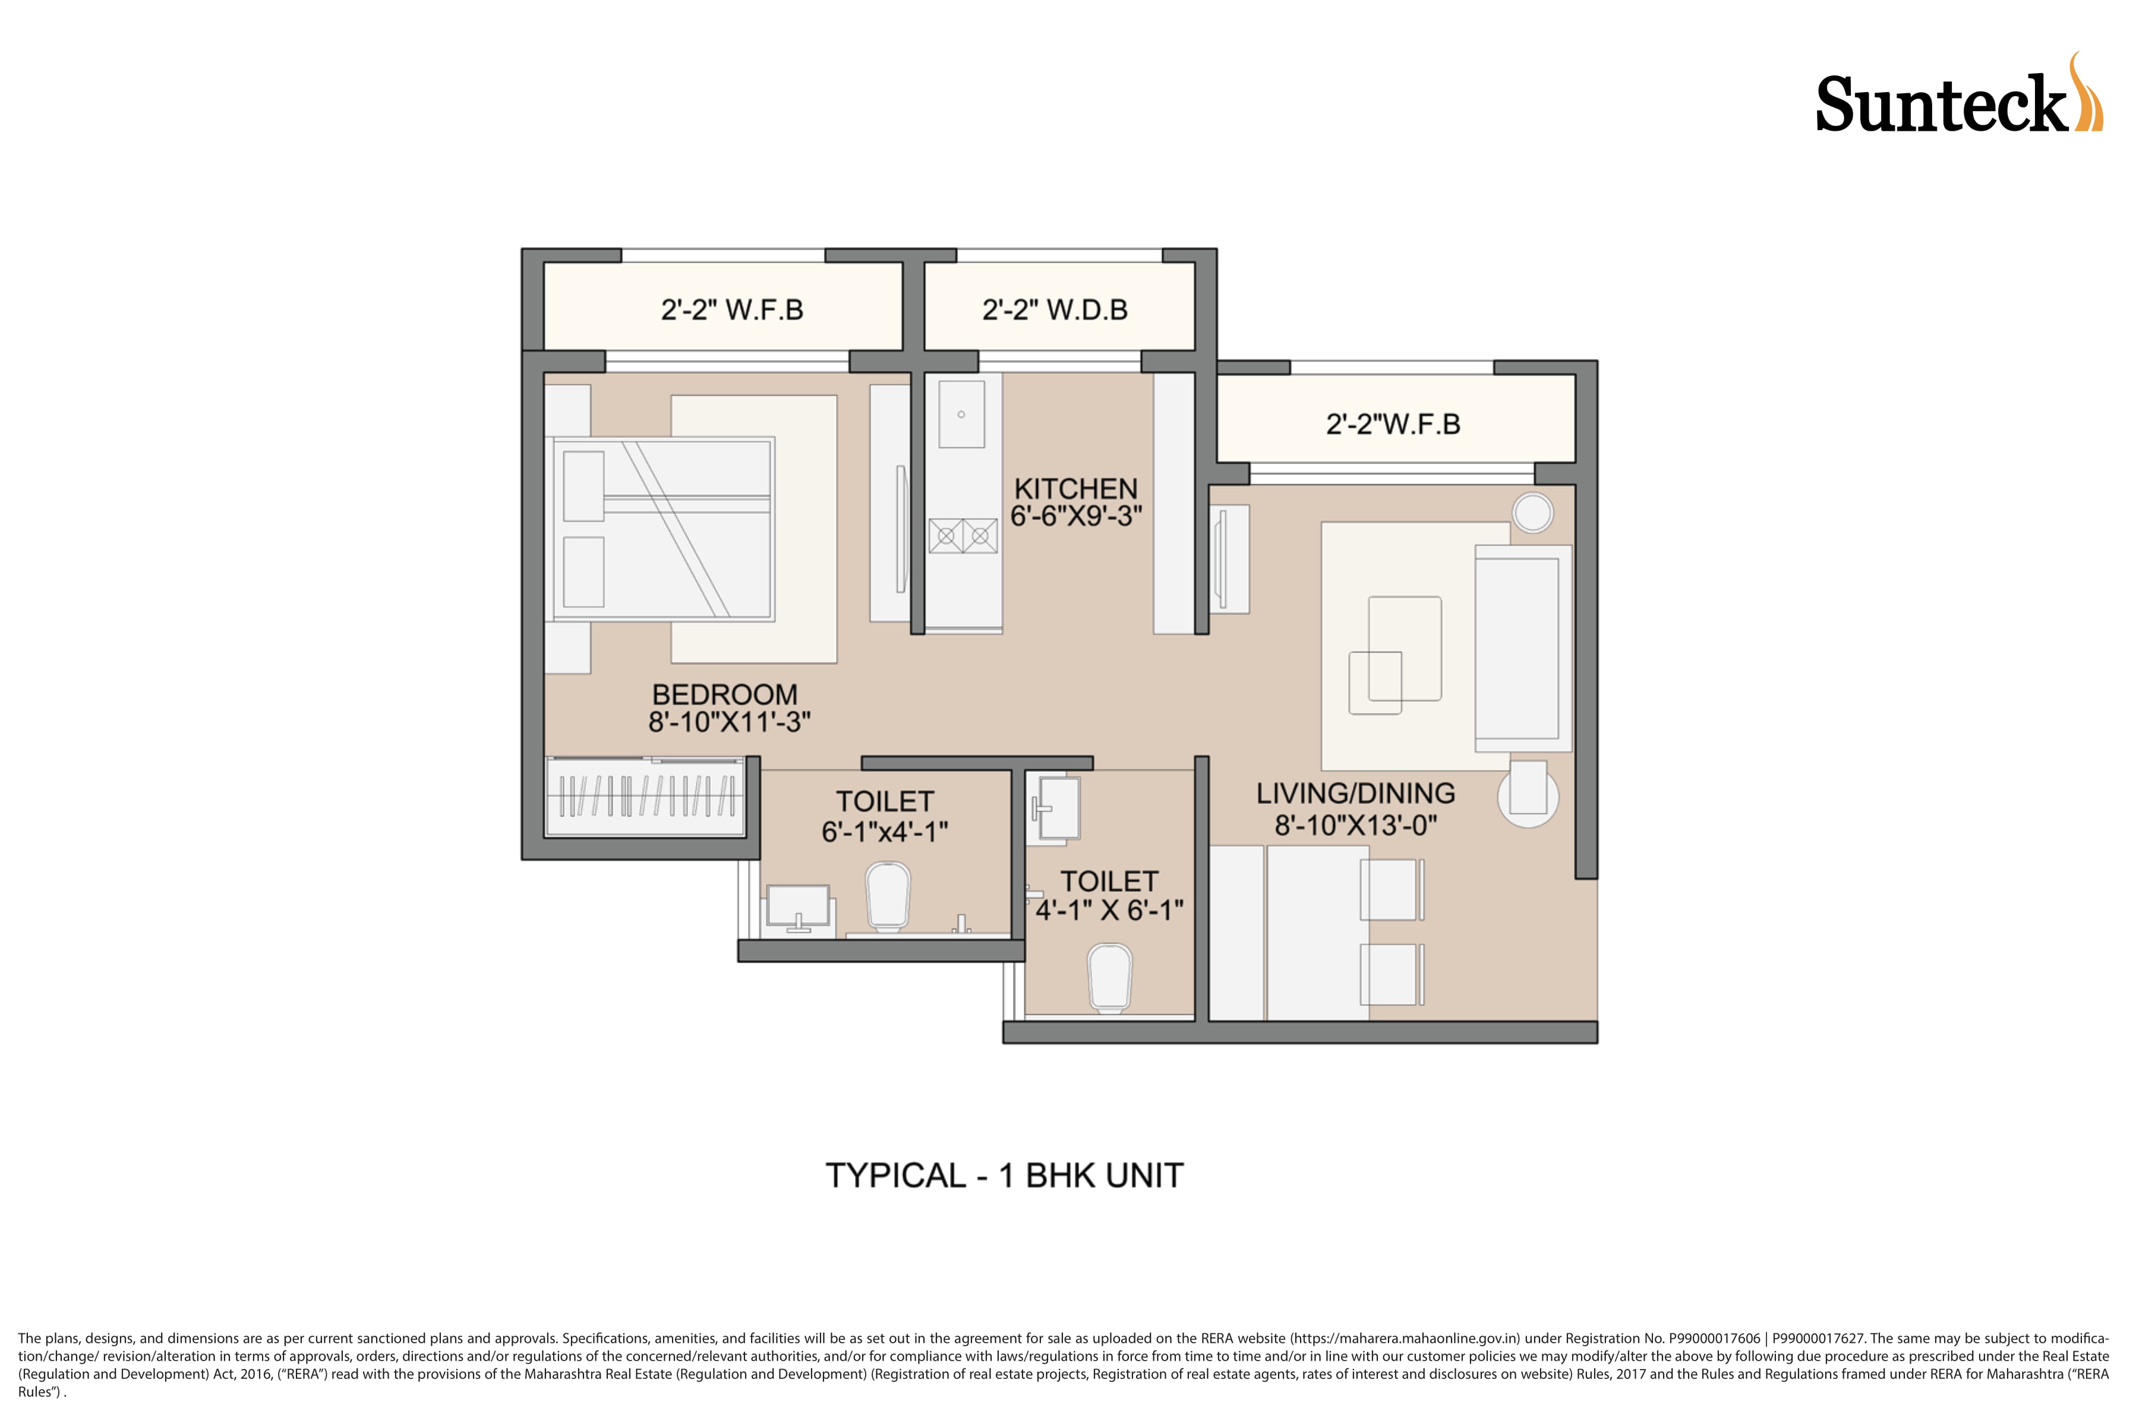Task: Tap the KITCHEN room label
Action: tap(1076, 488)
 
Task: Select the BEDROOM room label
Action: tap(725, 695)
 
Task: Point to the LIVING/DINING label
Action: tap(1355, 794)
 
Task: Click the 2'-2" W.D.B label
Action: tap(1055, 310)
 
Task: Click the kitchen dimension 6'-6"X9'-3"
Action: tap(1076, 516)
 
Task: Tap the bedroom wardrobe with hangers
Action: tap(645, 796)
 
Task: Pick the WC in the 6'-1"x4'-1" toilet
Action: tap(888, 897)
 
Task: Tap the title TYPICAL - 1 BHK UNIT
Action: tap(1004, 1176)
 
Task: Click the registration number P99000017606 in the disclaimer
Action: tap(1714, 1339)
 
